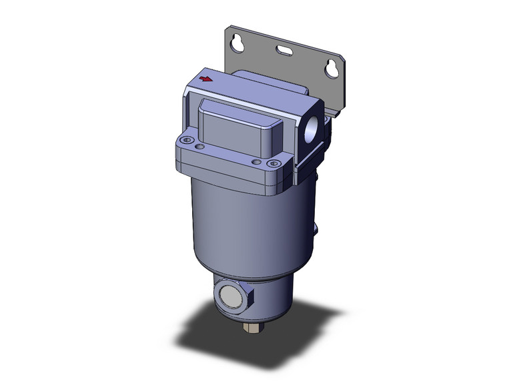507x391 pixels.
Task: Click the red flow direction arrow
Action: pyautogui.click(x=207, y=79)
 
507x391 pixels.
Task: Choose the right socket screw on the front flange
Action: pyautogui.click(x=271, y=164)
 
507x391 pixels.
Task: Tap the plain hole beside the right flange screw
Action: pyautogui.click(x=257, y=161)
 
